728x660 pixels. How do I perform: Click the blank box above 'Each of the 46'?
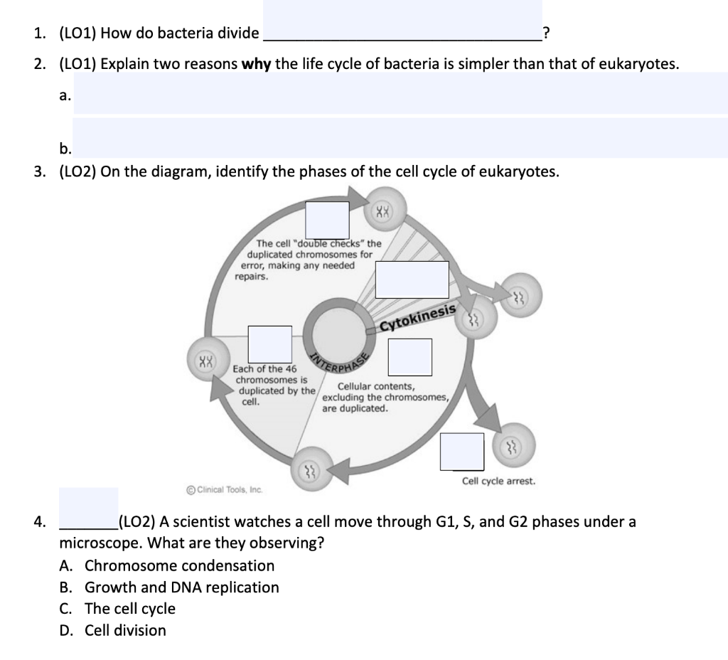pos(269,344)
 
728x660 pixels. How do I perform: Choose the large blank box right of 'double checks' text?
pos(412,280)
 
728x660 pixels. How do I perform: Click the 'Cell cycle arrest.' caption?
pos(498,481)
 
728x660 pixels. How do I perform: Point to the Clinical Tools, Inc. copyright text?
pos(224,489)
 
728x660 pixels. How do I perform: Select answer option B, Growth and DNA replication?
pos(181,587)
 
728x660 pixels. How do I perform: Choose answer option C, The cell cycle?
pos(129,609)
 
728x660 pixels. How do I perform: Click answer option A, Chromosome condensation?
pos(179,566)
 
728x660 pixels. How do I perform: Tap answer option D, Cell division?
pos(125,630)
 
